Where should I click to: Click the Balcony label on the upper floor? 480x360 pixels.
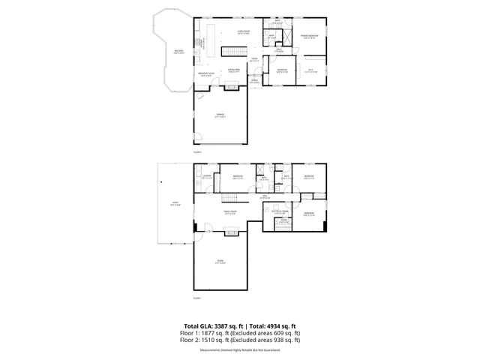pos(178,52)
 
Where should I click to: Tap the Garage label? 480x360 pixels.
pos(220,115)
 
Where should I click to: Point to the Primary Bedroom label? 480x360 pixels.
pos(310,36)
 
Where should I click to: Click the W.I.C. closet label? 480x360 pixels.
pos(310,70)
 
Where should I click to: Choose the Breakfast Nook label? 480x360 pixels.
pos(208,74)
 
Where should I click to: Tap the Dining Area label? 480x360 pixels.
pos(233,70)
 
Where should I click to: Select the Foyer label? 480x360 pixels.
pos(255,60)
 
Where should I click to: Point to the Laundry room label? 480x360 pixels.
pos(207,178)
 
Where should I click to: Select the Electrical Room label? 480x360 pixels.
pos(279,212)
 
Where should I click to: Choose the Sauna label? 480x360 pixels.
pos(263,179)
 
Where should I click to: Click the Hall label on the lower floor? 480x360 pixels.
pos(265,196)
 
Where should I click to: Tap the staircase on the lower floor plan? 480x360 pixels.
pos(233,197)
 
